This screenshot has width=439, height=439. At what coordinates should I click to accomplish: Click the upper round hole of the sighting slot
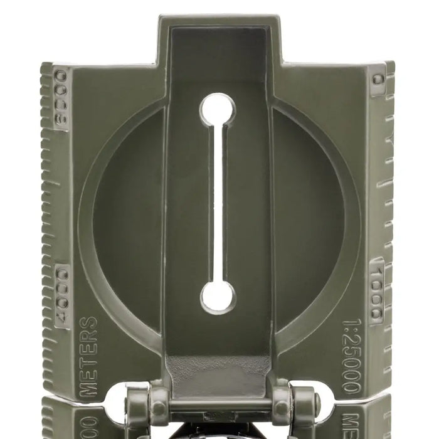tap(219, 108)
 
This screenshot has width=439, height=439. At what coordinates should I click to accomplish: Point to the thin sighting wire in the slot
tap(219, 201)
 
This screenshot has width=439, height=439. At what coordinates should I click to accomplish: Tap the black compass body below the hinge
tap(219, 431)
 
